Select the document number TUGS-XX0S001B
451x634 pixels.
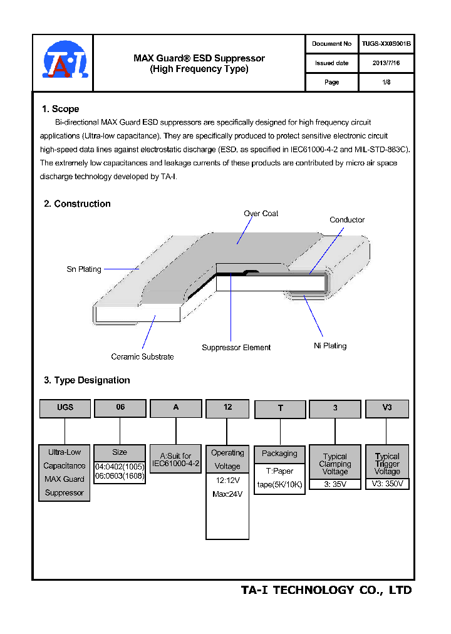click(x=386, y=44)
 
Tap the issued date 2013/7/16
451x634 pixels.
click(x=386, y=63)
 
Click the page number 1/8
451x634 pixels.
click(x=386, y=82)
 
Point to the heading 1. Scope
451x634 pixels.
click(x=60, y=109)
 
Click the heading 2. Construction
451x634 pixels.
click(x=77, y=204)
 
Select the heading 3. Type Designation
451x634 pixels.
click(x=86, y=380)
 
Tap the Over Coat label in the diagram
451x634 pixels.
click(x=261, y=214)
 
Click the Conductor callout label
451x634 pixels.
click(x=347, y=220)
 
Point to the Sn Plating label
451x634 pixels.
click(x=84, y=269)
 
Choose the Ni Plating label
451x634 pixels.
click(x=330, y=346)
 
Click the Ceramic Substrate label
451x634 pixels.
click(x=142, y=356)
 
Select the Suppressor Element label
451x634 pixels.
click(x=236, y=348)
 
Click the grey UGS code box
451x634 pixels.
click(x=65, y=408)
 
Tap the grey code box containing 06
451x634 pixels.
click(x=120, y=408)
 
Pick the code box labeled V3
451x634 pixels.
click(x=386, y=408)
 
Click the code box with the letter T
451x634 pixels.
click(x=280, y=409)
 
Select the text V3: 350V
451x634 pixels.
click(x=387, y=484)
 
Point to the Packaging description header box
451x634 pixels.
click(x=279, y=454)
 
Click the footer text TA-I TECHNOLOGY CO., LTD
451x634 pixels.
click(x=326, y=590)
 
